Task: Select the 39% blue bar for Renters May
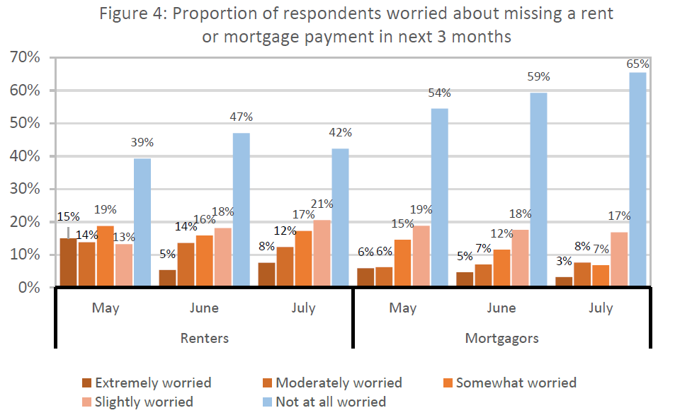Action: tap(142, 223)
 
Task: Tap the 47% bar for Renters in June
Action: tap(242, 210)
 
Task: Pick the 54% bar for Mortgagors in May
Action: tap(439, 198)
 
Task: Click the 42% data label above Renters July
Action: tap(341, 133)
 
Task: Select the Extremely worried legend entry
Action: tap(145, 383)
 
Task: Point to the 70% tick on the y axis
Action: tap(25, 57)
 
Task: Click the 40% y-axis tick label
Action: tap(25, 156)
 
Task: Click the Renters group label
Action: tap(204, 338)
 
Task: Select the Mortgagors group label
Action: tap(501, 338)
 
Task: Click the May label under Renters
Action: tap(105, 308)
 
